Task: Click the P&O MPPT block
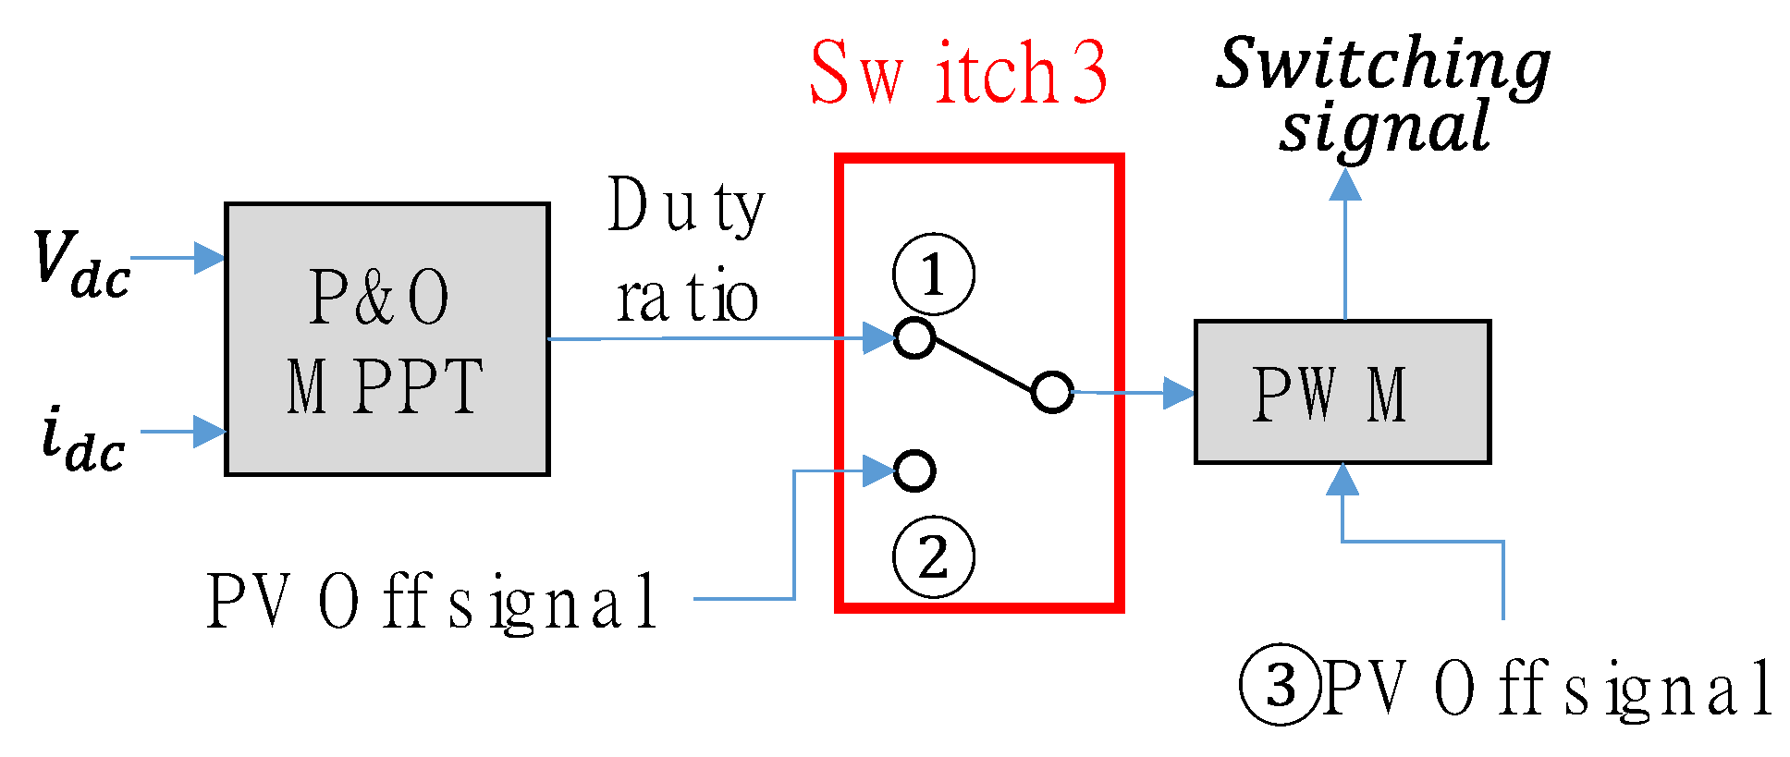pyautogui.click(x=386, y=339)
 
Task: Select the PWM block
pyautogui.click(x=1342, y=392)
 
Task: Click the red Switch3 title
pyautogui.click(x=958, y=73)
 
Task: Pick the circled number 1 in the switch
pyautogui.click(x=933, y=275)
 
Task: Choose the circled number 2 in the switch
pyautogui.click(x=933, y=556)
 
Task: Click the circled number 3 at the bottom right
pyautogui.click(x=1281, y=686)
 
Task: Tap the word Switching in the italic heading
pyautogui.click(x=1382, y=65)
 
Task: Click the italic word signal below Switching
pyautogui.click(x=1384, y=128)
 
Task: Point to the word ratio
pyautogui.click(x=687, y=299)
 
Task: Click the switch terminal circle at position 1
pyautogui.click(x=914, y=337)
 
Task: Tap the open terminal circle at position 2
pyautogui.click(x=914, y=470)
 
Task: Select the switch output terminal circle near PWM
pyautogui.click(x=1051, y=392)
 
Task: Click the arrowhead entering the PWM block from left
pyautogui.click(x=1178, y=393)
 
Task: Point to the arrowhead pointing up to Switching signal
pyautogui.click(x=1344, y=185)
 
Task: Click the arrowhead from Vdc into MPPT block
pyautogui.click(x=209, y=258)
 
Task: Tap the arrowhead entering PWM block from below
pyautogui.click(x=1342, y=480)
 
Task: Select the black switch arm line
pyautogui.click(x=983, y=364)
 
